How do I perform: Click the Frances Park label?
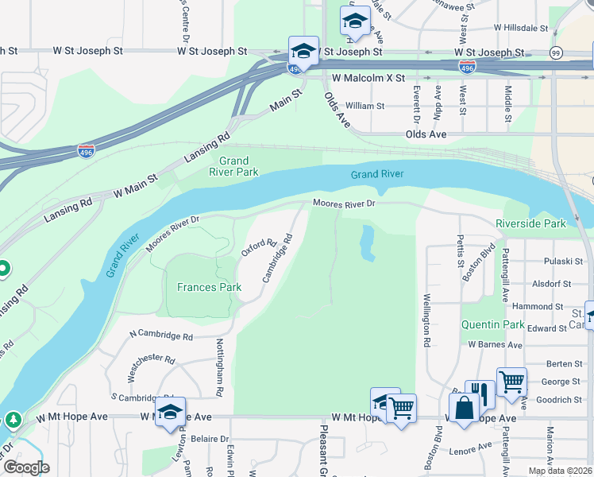click(209, 287)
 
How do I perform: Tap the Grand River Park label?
click(233, 166)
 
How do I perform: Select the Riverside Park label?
click(530, 224)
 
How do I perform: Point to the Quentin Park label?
click(492, 324)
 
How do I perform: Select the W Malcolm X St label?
click(368, 79)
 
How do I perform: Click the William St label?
click(364, 105)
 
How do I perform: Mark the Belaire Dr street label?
click(210, 438)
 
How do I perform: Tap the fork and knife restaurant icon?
click(480, 391)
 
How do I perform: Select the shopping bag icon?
click(463, 409)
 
